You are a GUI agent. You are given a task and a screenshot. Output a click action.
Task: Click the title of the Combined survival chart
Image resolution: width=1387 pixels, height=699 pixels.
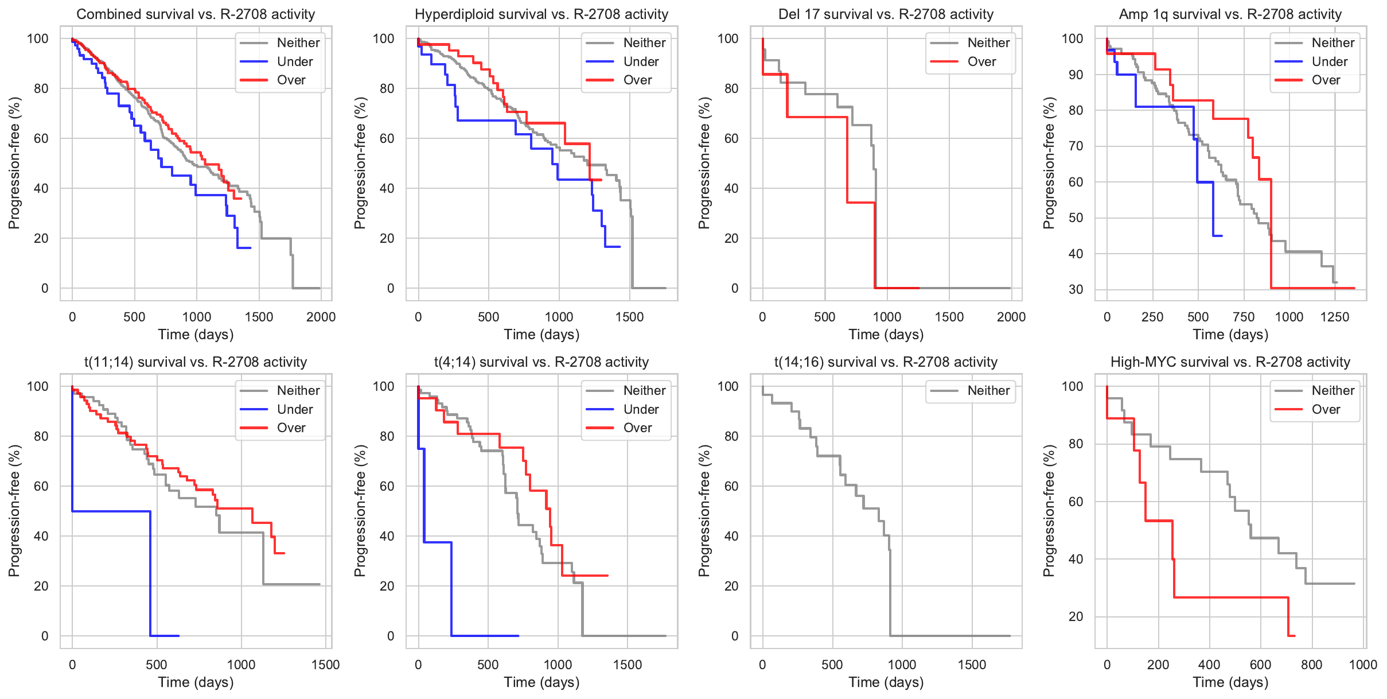point(196,14)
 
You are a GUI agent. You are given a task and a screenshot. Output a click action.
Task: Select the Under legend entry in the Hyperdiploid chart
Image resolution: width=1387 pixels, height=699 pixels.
point(641,61)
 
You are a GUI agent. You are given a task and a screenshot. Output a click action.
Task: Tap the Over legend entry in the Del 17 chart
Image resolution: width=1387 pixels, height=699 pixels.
point(981,61)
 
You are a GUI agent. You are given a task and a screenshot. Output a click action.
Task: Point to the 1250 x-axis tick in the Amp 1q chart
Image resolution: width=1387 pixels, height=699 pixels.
point(1335,317)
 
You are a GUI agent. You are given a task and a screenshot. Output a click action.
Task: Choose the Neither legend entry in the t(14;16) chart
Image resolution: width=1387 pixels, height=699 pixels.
point(988,391)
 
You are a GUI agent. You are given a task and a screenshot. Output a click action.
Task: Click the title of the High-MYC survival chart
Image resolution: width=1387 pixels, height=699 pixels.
point(1230,362)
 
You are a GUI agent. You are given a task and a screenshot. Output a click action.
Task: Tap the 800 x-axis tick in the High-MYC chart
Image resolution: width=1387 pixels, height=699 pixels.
point(1311,665)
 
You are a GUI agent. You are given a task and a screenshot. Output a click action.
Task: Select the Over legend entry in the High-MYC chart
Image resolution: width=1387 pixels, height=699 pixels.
point(1326,410)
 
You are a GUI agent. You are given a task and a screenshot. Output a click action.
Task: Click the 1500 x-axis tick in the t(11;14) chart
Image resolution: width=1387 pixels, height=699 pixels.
point(325,665)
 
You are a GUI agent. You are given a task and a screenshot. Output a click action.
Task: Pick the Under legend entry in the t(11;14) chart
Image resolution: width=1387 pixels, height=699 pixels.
point(295,410)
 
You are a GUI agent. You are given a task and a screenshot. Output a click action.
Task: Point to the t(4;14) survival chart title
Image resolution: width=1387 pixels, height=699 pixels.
point(541,362)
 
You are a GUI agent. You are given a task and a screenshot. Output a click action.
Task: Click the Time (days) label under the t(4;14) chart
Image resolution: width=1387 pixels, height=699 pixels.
point(541,682)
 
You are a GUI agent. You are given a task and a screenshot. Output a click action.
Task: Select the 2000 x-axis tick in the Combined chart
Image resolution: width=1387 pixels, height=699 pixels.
point(321,317)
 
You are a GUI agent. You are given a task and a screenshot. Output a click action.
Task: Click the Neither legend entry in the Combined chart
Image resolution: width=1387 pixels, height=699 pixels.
point(298,43)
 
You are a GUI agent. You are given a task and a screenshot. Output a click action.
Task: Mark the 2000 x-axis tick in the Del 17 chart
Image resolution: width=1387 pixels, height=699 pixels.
point(1011,317)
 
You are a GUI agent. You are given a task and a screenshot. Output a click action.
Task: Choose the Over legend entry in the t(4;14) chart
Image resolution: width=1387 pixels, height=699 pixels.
point(637,428)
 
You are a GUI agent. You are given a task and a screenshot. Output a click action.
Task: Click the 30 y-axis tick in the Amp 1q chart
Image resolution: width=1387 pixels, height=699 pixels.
point(1076,289)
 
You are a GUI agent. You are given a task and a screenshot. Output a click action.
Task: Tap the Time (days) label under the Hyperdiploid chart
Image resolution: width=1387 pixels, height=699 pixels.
point(541,335)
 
